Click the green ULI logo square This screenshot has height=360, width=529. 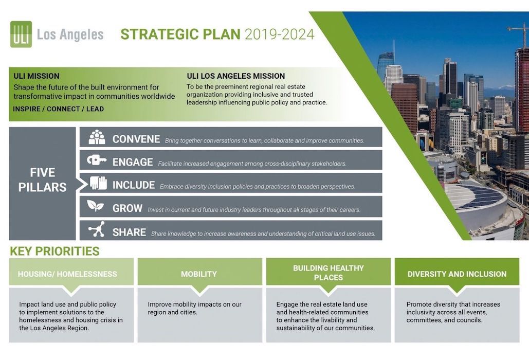[x=21, y=34]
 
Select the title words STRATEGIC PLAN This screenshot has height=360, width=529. [x=180, y=34]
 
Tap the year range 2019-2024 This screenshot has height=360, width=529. [x=279, y=34]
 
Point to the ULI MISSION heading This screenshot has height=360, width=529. [x=37, y=76]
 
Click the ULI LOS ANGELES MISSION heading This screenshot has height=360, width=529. [x=235, y=76]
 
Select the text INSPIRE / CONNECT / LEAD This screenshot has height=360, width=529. [x=59, y=109]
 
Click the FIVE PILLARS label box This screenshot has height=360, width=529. [x=42, y=180]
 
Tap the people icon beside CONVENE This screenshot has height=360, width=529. [x=97, y=138]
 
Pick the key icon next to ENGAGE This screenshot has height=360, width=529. [x=97, y=160]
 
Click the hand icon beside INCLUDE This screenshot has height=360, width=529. [x=98, y=184]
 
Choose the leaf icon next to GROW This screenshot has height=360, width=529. [x=96, y=206]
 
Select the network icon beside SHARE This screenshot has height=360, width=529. [x=96, y=229]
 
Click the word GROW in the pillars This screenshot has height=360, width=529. [x=127, y=209]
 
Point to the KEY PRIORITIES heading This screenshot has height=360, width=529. [x=54, y=251]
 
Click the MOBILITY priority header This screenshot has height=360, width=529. [x=199, y=274]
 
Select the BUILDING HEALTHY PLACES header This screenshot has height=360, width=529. [x=328, y=273]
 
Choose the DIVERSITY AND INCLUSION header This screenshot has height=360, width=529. [x=457, y=274]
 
